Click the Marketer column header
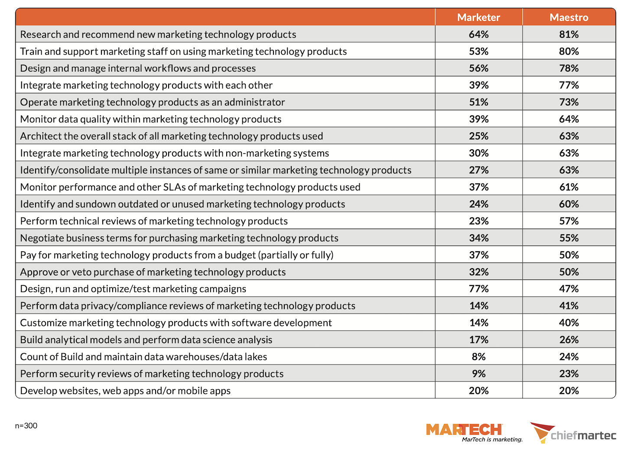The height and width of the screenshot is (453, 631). tap(478, 17)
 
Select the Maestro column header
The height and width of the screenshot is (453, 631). tap(569, 17)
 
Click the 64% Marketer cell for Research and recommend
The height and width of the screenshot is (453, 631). tap(478, 34)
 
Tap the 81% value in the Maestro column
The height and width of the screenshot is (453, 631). tap(569, 34)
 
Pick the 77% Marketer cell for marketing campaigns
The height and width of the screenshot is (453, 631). tap(478, 289)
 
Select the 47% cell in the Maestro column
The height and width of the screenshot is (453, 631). tap(569, 289)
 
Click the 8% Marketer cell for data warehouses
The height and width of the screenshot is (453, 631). tap(478, 357)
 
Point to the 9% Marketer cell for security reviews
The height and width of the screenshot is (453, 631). tap(478, 374)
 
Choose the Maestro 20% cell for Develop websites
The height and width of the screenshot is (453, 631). tap(569, 391)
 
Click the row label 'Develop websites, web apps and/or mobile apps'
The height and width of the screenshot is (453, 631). tap(125, 391)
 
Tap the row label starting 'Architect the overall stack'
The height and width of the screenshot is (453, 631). tap(171, 136)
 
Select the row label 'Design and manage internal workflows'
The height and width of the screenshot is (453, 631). tap(138, 68)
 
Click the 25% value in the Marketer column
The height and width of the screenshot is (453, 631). tap(478, 136)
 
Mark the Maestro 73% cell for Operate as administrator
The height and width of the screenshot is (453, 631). tap(569, 102)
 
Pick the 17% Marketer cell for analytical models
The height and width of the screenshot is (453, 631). tap(478, 340)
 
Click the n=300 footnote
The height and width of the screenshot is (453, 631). tap(26, 426)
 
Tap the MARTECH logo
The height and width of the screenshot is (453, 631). tap(464, 430)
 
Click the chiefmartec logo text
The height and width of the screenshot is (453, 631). tap(583, 435)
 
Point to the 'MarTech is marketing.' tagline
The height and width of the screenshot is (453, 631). tap(492, 440)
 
